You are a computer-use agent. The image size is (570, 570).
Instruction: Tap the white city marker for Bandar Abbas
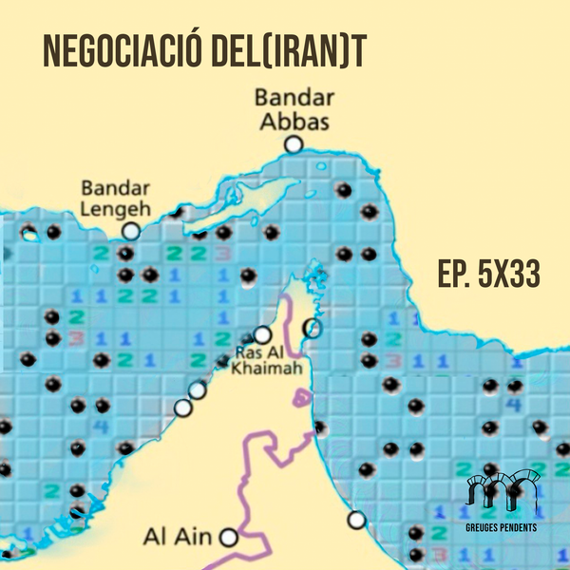tap(293, 144)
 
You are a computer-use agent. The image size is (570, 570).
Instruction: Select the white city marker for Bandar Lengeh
tap(131, 231)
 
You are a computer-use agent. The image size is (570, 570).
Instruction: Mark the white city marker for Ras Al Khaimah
tap(263, 334)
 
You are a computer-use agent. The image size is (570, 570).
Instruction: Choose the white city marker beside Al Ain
tap(228, 538)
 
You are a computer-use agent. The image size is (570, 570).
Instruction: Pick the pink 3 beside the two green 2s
tap(222, 254)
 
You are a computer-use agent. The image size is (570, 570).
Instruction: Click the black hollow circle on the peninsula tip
tap(311, 329)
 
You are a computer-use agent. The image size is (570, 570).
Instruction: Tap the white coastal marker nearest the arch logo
tap(356, 520)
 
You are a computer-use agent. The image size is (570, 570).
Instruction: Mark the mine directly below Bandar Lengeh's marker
tap(124, 254)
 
